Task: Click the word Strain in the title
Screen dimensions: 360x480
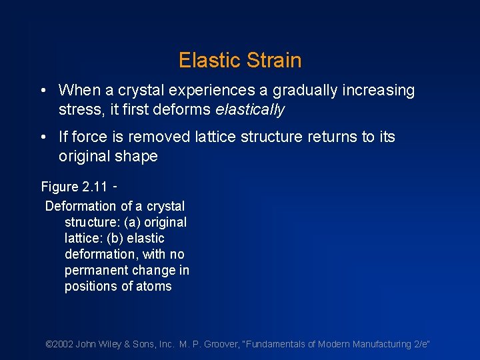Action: [272, 61]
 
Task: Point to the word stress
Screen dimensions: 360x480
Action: [79, 109]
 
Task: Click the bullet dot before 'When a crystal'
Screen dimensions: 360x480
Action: [43, 91]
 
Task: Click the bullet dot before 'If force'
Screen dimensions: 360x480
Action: [43, 137]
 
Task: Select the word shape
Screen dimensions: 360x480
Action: [137, 157]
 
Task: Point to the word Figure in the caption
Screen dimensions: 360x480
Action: [60, 187]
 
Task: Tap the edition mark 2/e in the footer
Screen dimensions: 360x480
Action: [420, 344]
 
